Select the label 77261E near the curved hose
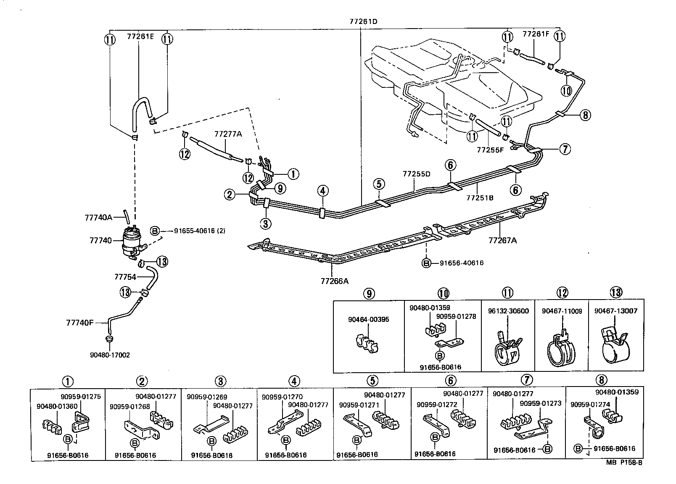click(x=140, y=37)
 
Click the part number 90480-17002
click(x=110, y=355)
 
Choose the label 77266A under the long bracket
click(x=334, y=281)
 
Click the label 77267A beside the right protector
click(x=502, y=240)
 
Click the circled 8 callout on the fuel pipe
click(x=585, y=115)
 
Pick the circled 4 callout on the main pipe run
click(x=322, y=191)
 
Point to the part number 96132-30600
click(x=508, y=311)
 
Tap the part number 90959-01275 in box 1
click(x=81, y=396)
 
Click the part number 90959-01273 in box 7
click(x=540, y=403)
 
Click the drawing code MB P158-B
click(x=624, y=463)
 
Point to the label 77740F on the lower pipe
click(x=80, y=323)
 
